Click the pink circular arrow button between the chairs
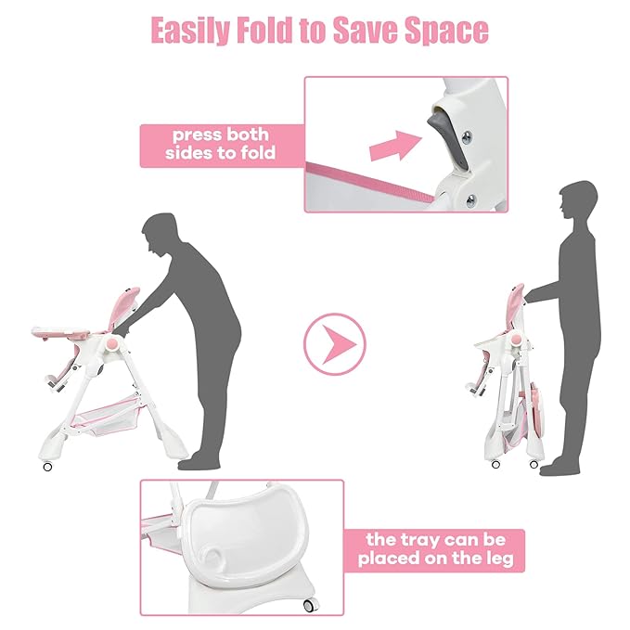click(x=335, y=344)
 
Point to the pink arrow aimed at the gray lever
click(x=395, y=146)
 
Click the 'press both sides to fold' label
click(x=221, y=145)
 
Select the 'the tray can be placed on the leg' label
click(x=435, y=550)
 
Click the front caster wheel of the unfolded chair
click(x=48, y=467)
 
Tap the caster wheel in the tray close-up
click(x=309, y=606)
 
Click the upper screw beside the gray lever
click(x=467, y=137)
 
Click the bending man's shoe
click(x=199, y=463)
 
